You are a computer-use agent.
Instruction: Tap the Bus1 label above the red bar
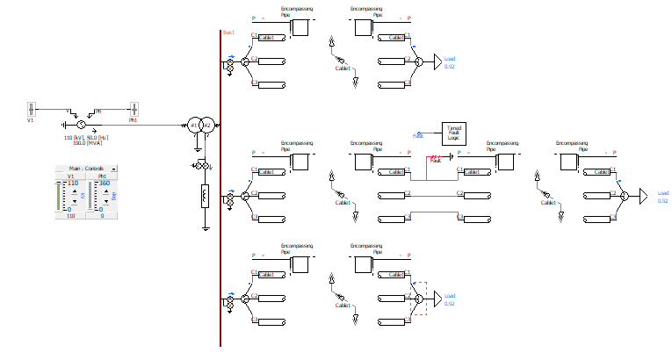coord(228,32)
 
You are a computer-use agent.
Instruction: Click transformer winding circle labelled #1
coord(194,125)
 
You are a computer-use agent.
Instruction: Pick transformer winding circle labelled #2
coord(206,125)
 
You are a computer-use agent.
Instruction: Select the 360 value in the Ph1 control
coord(104,183)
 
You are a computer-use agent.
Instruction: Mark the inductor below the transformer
coord(205,196)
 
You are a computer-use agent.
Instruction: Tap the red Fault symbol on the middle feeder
coord(437,159)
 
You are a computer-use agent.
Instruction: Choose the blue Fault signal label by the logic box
coord(419,136)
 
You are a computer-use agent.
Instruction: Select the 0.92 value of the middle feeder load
coord(662,201)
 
